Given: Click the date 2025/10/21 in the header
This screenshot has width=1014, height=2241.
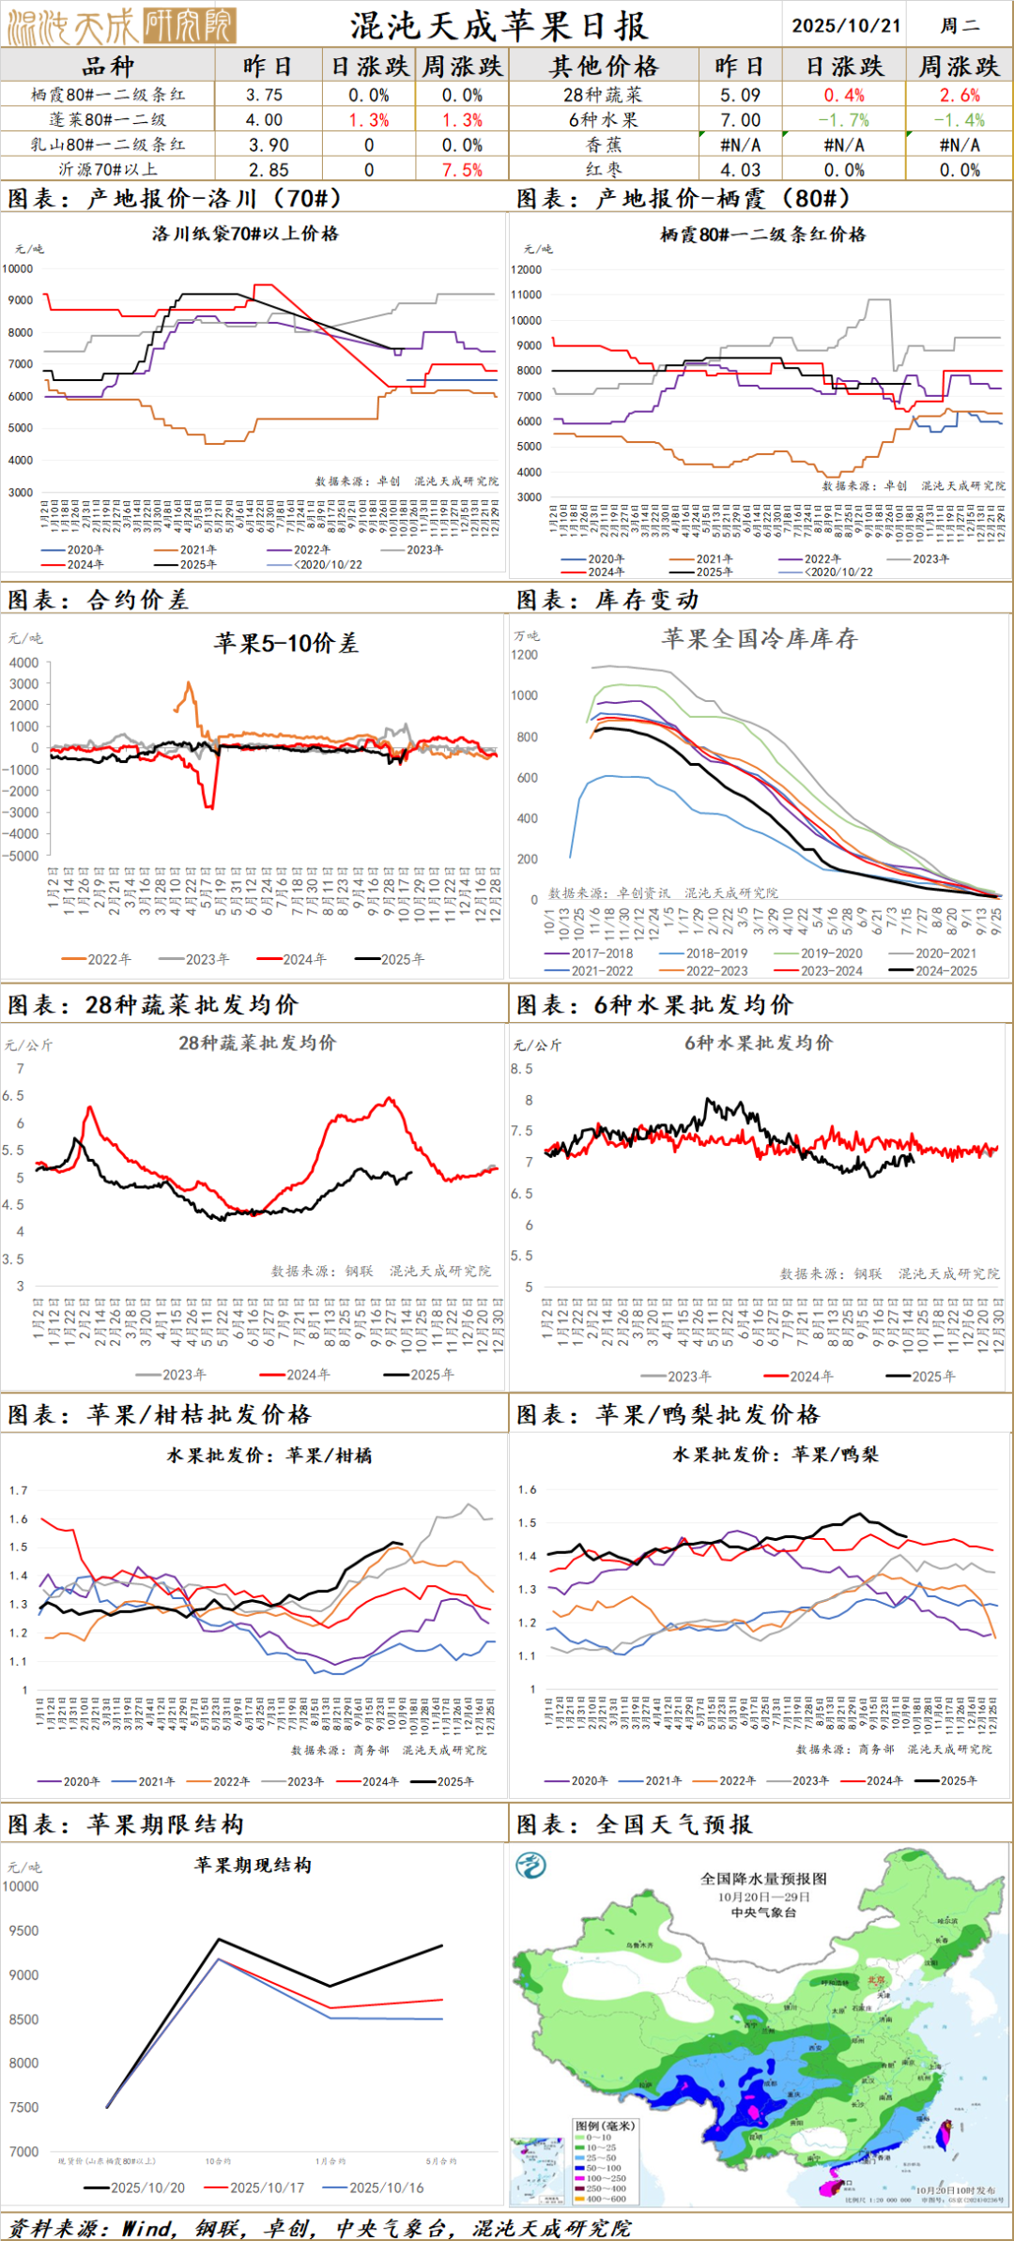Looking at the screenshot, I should [x=846, y=25].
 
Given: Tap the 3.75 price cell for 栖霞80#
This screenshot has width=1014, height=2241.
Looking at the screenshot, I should [x=265, y=95].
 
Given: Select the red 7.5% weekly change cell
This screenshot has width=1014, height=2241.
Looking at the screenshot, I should [x=462, y=170].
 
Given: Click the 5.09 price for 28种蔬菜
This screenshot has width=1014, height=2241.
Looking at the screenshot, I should [x=740, y=95].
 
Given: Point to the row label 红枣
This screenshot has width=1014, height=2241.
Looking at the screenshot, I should [x=604, y=170].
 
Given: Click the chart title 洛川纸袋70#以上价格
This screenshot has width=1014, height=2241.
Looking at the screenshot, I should [x=245, y=234].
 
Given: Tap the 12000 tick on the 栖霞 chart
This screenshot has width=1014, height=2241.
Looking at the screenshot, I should [x=527, y=269].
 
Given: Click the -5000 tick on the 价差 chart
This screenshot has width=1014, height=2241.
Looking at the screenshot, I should [x=23, y=856].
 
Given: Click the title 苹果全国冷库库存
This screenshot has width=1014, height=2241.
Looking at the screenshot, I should [x=760, y=639].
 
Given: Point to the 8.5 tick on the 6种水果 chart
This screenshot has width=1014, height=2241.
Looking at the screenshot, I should [x=522, y=1069].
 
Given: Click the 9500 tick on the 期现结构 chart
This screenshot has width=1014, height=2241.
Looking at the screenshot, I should [x=24, y=1930].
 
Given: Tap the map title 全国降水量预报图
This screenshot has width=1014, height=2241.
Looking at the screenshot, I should [x=763, y=1879].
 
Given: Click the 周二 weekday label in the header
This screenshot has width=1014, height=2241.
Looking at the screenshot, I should [x=960, y=25].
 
